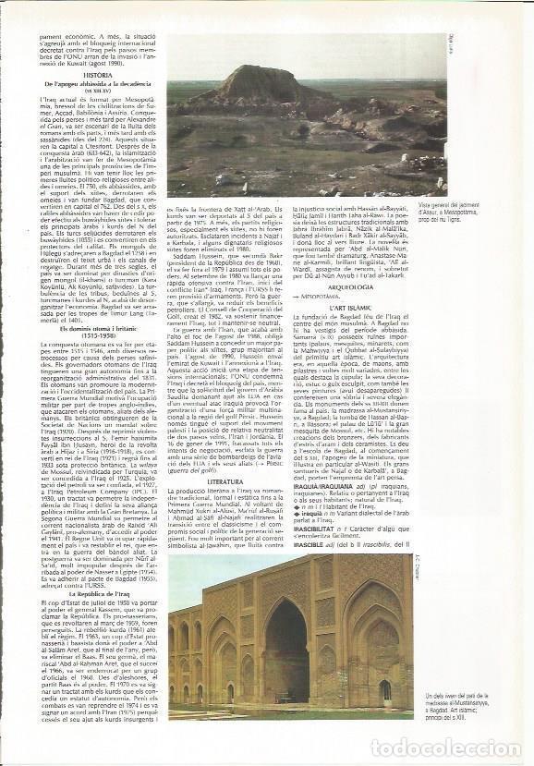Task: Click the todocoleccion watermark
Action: [446, 747]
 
